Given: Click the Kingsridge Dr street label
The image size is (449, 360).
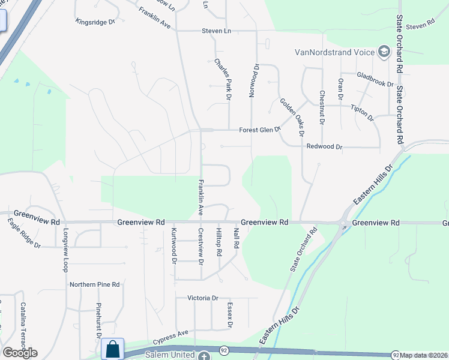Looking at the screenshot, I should pyautogui.click(x=95, y=22).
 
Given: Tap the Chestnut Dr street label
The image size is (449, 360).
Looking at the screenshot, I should pyautogui.click(x=322, y=107).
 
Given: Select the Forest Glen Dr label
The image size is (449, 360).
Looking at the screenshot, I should pyautogui.click(x=260, y=130).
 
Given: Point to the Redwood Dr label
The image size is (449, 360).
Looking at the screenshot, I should pyautogui.click(x=324, y=146).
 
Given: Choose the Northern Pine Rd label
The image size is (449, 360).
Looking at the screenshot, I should pyautogui.click(x=95, y=284).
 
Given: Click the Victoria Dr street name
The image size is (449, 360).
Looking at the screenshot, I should pyautogui.click(x=202, y=298).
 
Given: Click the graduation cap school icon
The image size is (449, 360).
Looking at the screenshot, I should pyautogui.click(x=384, y=52).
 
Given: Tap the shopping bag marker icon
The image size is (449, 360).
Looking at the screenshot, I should pyautogui.click(x=112, y=349).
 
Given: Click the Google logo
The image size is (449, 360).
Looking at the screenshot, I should pyautogui.click(x=20, y=353).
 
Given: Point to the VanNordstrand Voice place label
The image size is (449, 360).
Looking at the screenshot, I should pyautogui.click(x=334, y=52).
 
